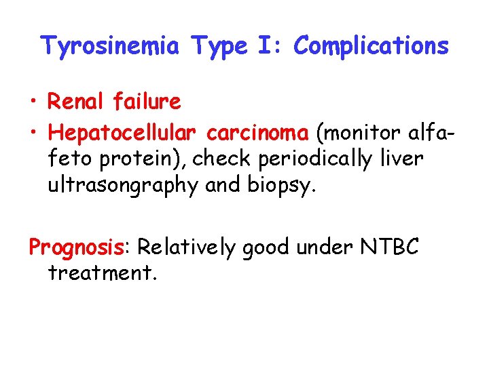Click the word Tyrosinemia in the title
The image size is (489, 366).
[111, 46]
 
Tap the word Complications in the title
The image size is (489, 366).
[372, 46]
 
